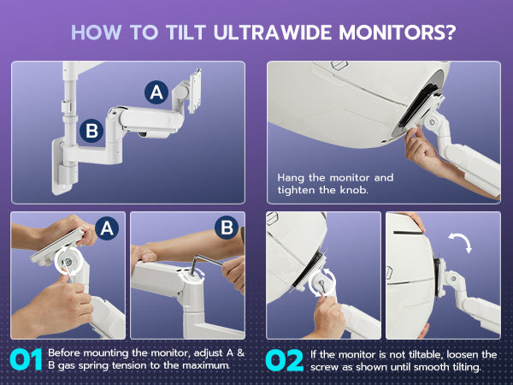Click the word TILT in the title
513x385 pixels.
point(186,33)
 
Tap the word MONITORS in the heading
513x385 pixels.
point(392,33)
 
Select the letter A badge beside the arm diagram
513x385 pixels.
point(156,92)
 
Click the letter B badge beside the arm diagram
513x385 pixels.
point(91,131)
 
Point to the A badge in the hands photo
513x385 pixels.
point(107,228)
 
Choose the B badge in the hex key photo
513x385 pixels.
point(227,227)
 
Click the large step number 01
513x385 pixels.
point(27,359)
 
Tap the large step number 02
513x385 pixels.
point(284,360)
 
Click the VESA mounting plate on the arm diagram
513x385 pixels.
point(195,91)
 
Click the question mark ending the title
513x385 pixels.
point(451,33)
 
